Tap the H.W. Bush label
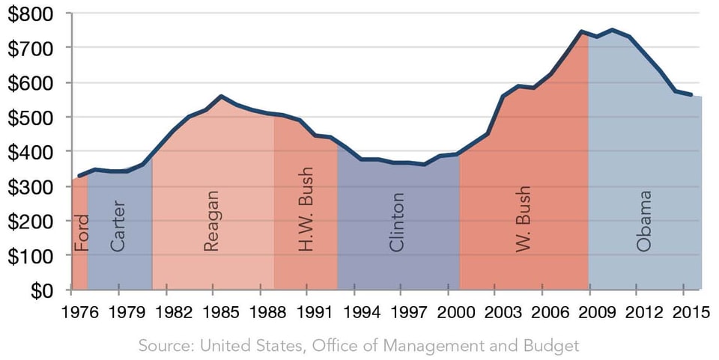pos(306,219)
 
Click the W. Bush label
pos(524,219)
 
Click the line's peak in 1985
pos(221,97)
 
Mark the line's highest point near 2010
pos(613,30)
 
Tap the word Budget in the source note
pos(555,346)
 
